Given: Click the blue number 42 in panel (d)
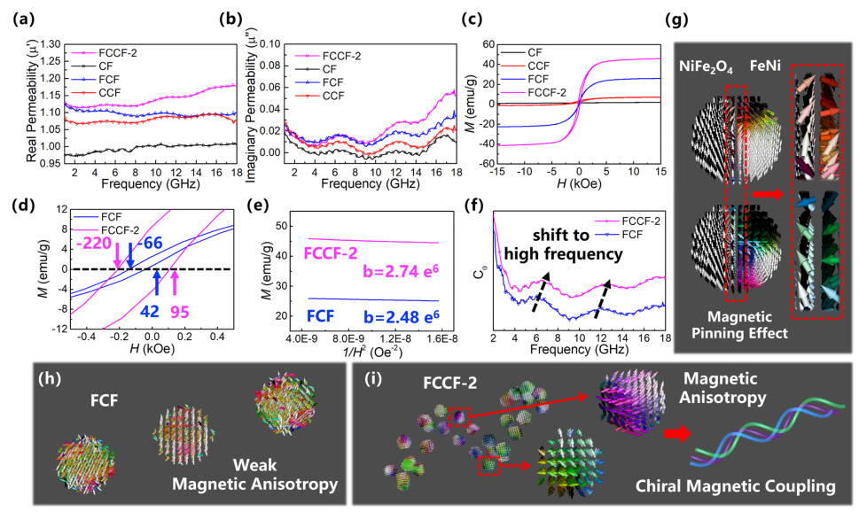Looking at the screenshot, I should pyautogui.click(x=150, y=312).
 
